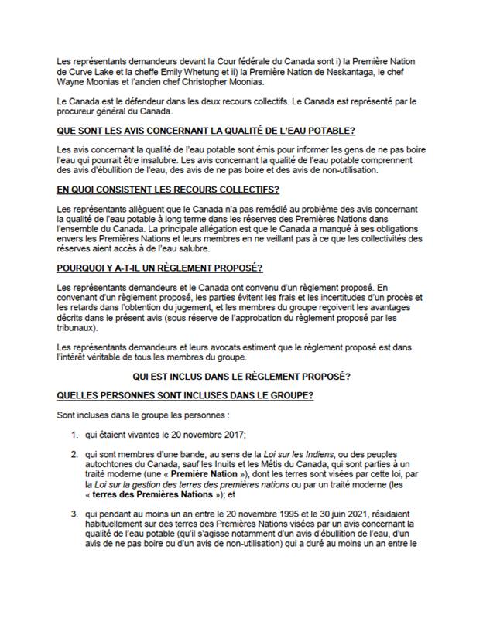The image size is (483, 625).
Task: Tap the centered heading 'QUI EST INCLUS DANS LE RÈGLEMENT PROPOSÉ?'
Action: (x=241, y=377)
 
